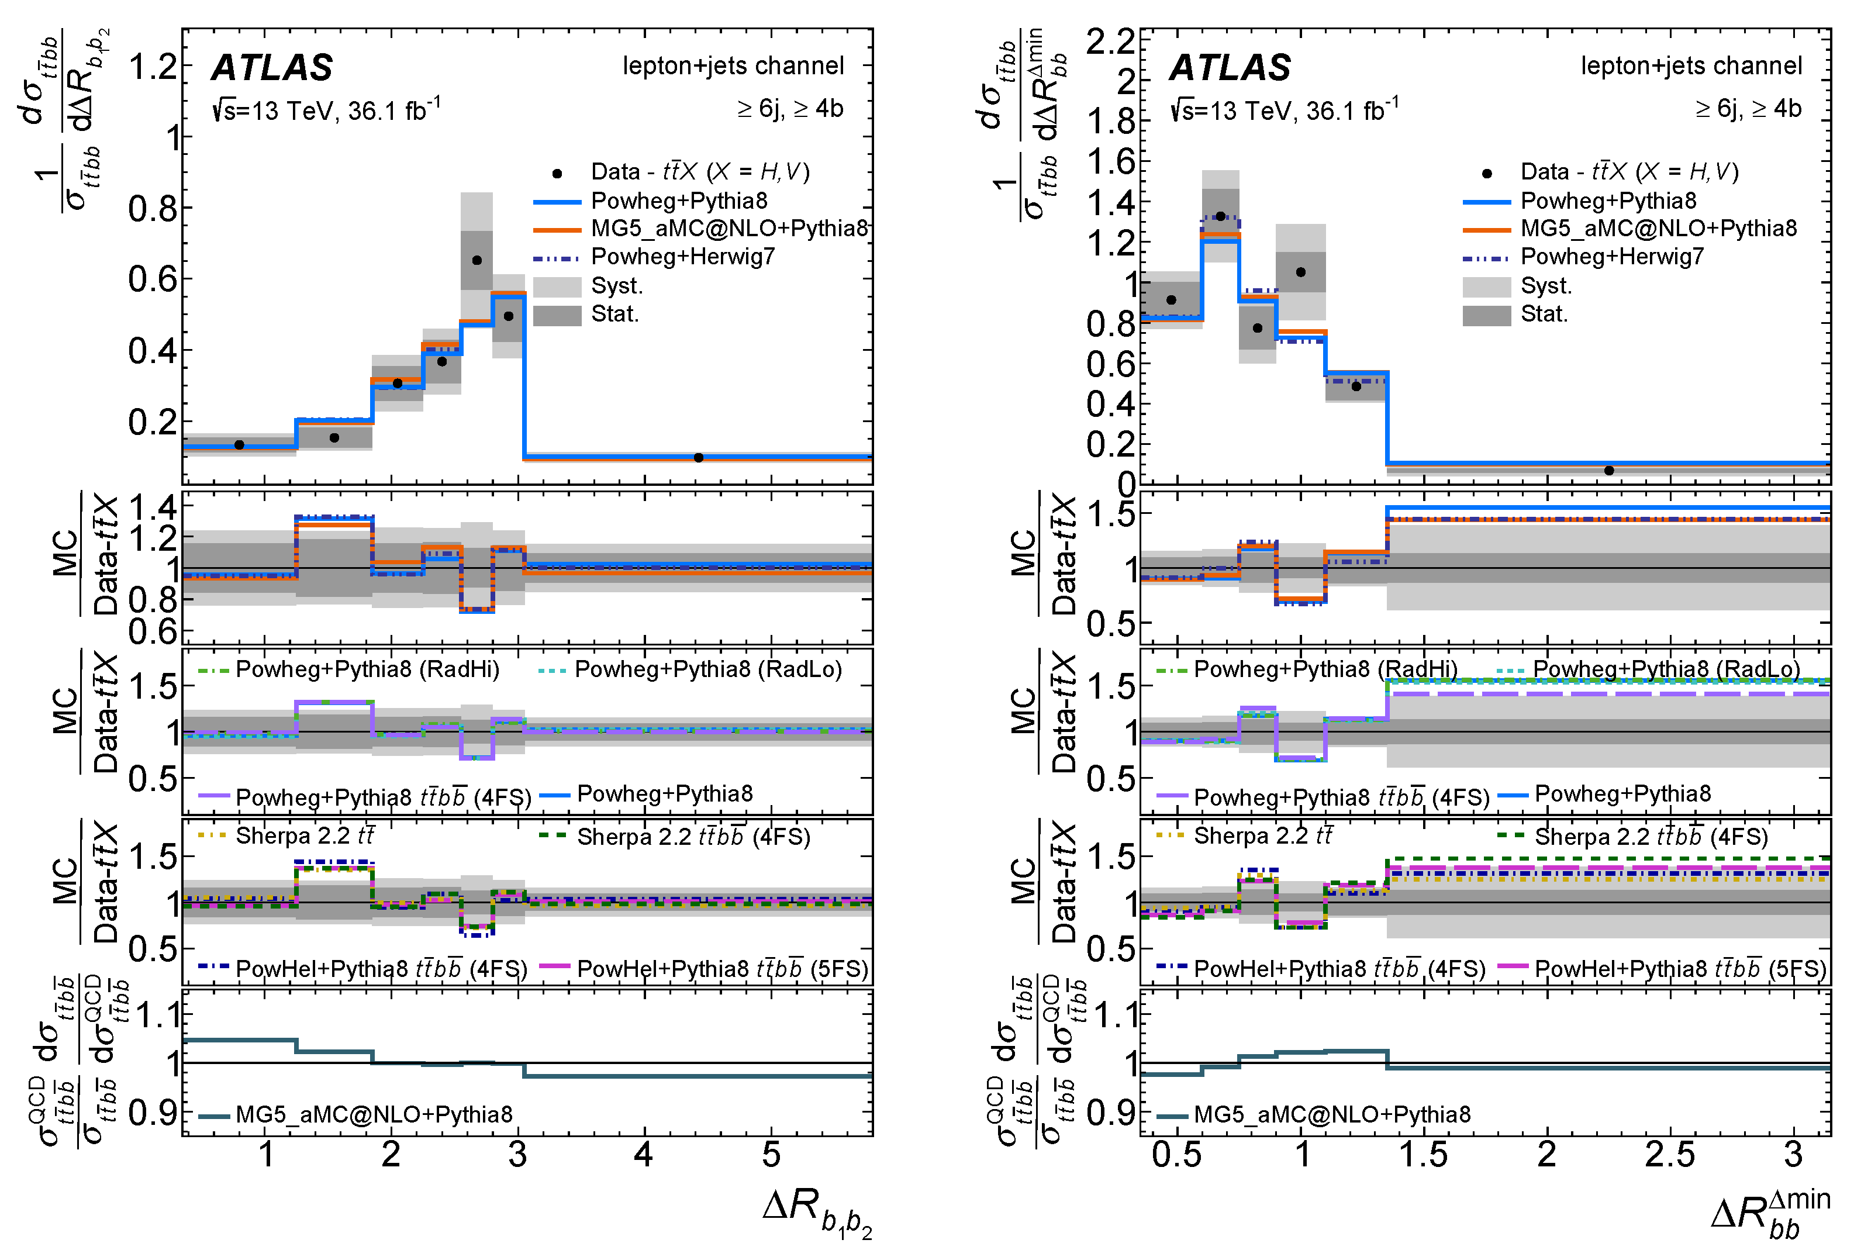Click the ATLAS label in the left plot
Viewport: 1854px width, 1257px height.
click(x=272, y=68)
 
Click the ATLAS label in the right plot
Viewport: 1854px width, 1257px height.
click(x=1230, y=68)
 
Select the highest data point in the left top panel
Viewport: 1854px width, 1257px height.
click(x=477, y=260)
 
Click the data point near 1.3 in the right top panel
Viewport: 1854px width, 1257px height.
click(x=1220, y=216)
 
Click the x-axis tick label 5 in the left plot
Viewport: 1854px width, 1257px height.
click(x=771, y=1155)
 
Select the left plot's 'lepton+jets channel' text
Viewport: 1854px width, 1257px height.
click(x=733, y=65)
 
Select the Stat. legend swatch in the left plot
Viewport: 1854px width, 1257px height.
click(x=557, y=315)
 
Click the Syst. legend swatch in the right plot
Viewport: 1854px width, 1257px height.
click(x=1486, y=286)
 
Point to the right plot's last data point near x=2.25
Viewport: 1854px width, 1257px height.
click(x=1608, y=471)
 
